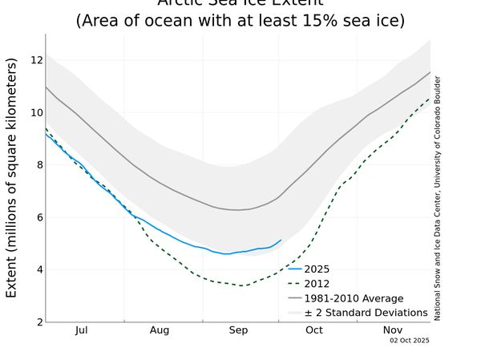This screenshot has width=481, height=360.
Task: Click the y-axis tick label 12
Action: tap(36, 60)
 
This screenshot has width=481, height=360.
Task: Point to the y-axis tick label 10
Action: tap(36, 112)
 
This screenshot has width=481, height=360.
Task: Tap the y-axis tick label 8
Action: tap(38, 165)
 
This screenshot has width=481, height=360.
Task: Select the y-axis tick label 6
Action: tap(38, 217)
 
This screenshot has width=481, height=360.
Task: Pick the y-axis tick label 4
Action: tap(38, 269)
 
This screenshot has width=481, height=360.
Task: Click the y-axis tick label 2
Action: tap(38, 322)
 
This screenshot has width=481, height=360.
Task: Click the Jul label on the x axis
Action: tap(81, 330)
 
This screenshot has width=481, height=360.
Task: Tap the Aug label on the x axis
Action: tap(160, 330)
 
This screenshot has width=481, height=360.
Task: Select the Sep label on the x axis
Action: tap(238, 330)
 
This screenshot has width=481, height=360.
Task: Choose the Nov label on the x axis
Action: tap(393, 330)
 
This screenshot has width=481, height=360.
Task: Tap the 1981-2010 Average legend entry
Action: tap(354, 298)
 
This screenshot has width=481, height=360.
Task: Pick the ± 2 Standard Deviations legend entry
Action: tap(366, 313)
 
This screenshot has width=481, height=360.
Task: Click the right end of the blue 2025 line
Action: tap(281, 239)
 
